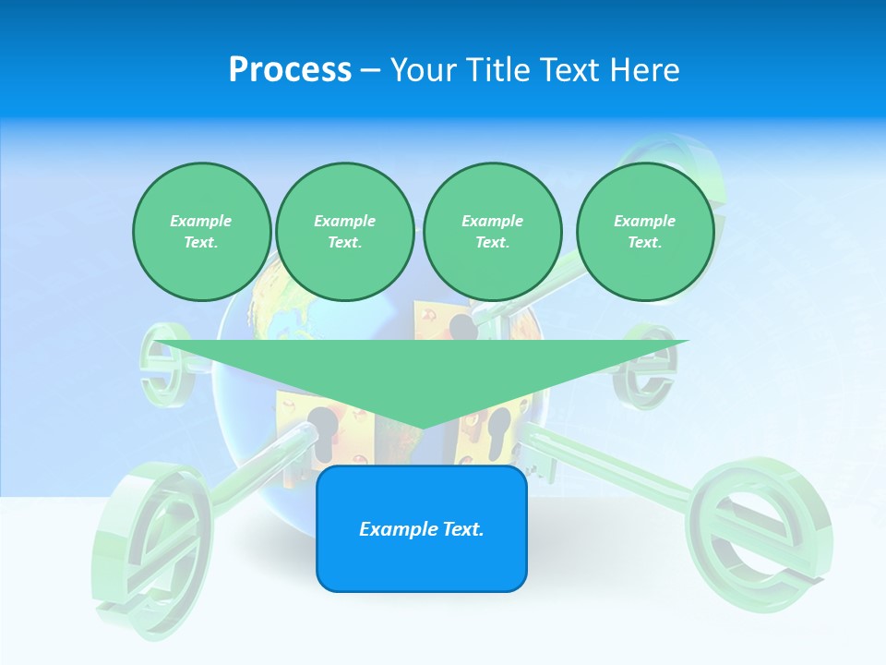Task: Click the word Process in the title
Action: [x=290, y=69]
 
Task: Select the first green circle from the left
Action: [x=201, y=231]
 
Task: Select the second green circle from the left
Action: [x=344, y=231]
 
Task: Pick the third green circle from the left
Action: [x=492, y=231]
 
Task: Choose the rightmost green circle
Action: [x=644, y=231]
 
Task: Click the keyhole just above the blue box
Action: [x=324, y=434]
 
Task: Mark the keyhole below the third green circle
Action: [x=463, y=328]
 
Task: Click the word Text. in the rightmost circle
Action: [x=644, y=242]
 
